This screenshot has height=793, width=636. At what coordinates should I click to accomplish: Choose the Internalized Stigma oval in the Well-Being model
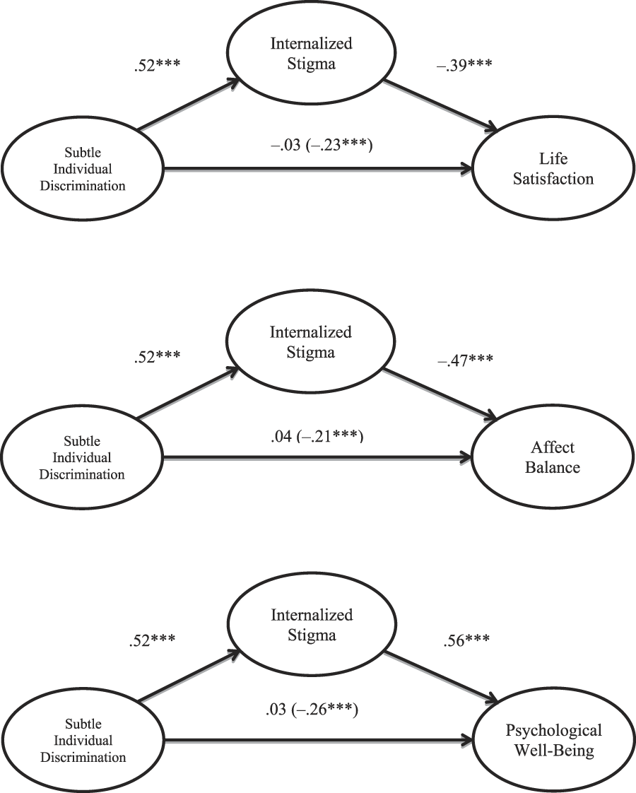pyautogui.click(x=311, y=625)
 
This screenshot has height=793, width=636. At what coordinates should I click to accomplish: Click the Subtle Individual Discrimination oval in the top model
pyautogui.click(x=83, y=170)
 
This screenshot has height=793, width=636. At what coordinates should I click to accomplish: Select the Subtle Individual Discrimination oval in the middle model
pyautogui.click(x=83, y=457)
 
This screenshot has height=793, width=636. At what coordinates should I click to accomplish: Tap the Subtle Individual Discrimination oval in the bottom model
pyautogui.click(x=83, y=740)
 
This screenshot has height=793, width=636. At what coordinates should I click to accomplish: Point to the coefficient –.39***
pyautogui.click(x=466, y=68)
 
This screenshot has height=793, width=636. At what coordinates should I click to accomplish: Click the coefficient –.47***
pyautogui.click(x=466, y=361)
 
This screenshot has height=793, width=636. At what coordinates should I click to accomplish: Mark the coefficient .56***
pyautogui.click(x=467, y=642)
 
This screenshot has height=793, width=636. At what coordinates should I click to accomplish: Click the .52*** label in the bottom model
pyautogui.click(x=151, y=640)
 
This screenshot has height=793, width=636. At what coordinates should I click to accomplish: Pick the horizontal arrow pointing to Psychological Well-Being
pyautogui.click(x=318, y=741)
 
